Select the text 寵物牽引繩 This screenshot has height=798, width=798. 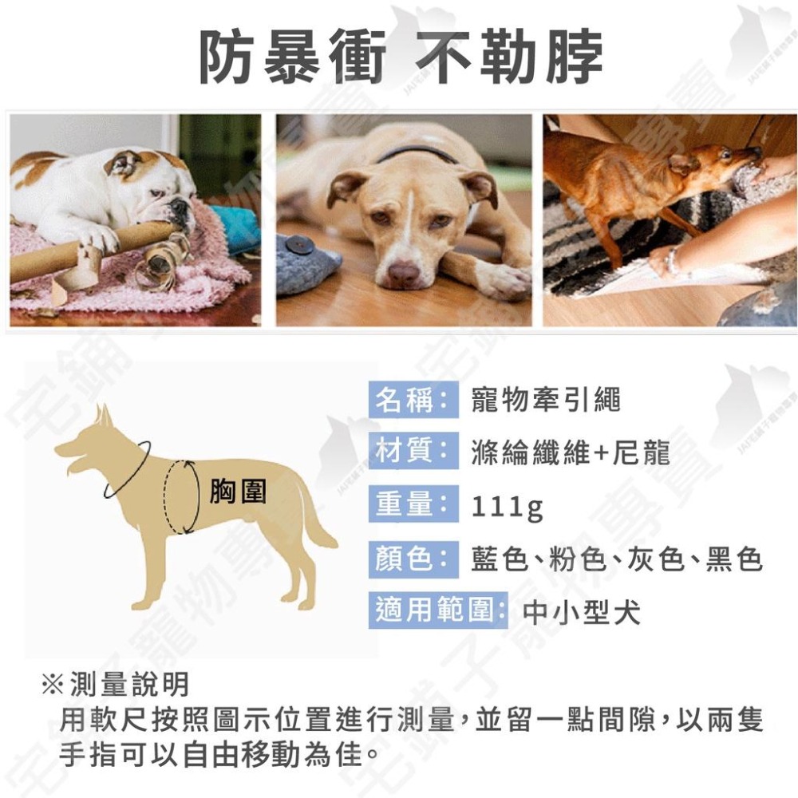click(x=545, y=400)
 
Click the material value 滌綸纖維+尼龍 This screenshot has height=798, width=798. click(x=570, y=453)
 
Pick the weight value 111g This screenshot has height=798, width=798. click(x=507, y=507)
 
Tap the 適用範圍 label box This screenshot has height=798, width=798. click(x=438, y=611)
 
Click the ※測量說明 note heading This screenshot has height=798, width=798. click(x=116, y=684)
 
